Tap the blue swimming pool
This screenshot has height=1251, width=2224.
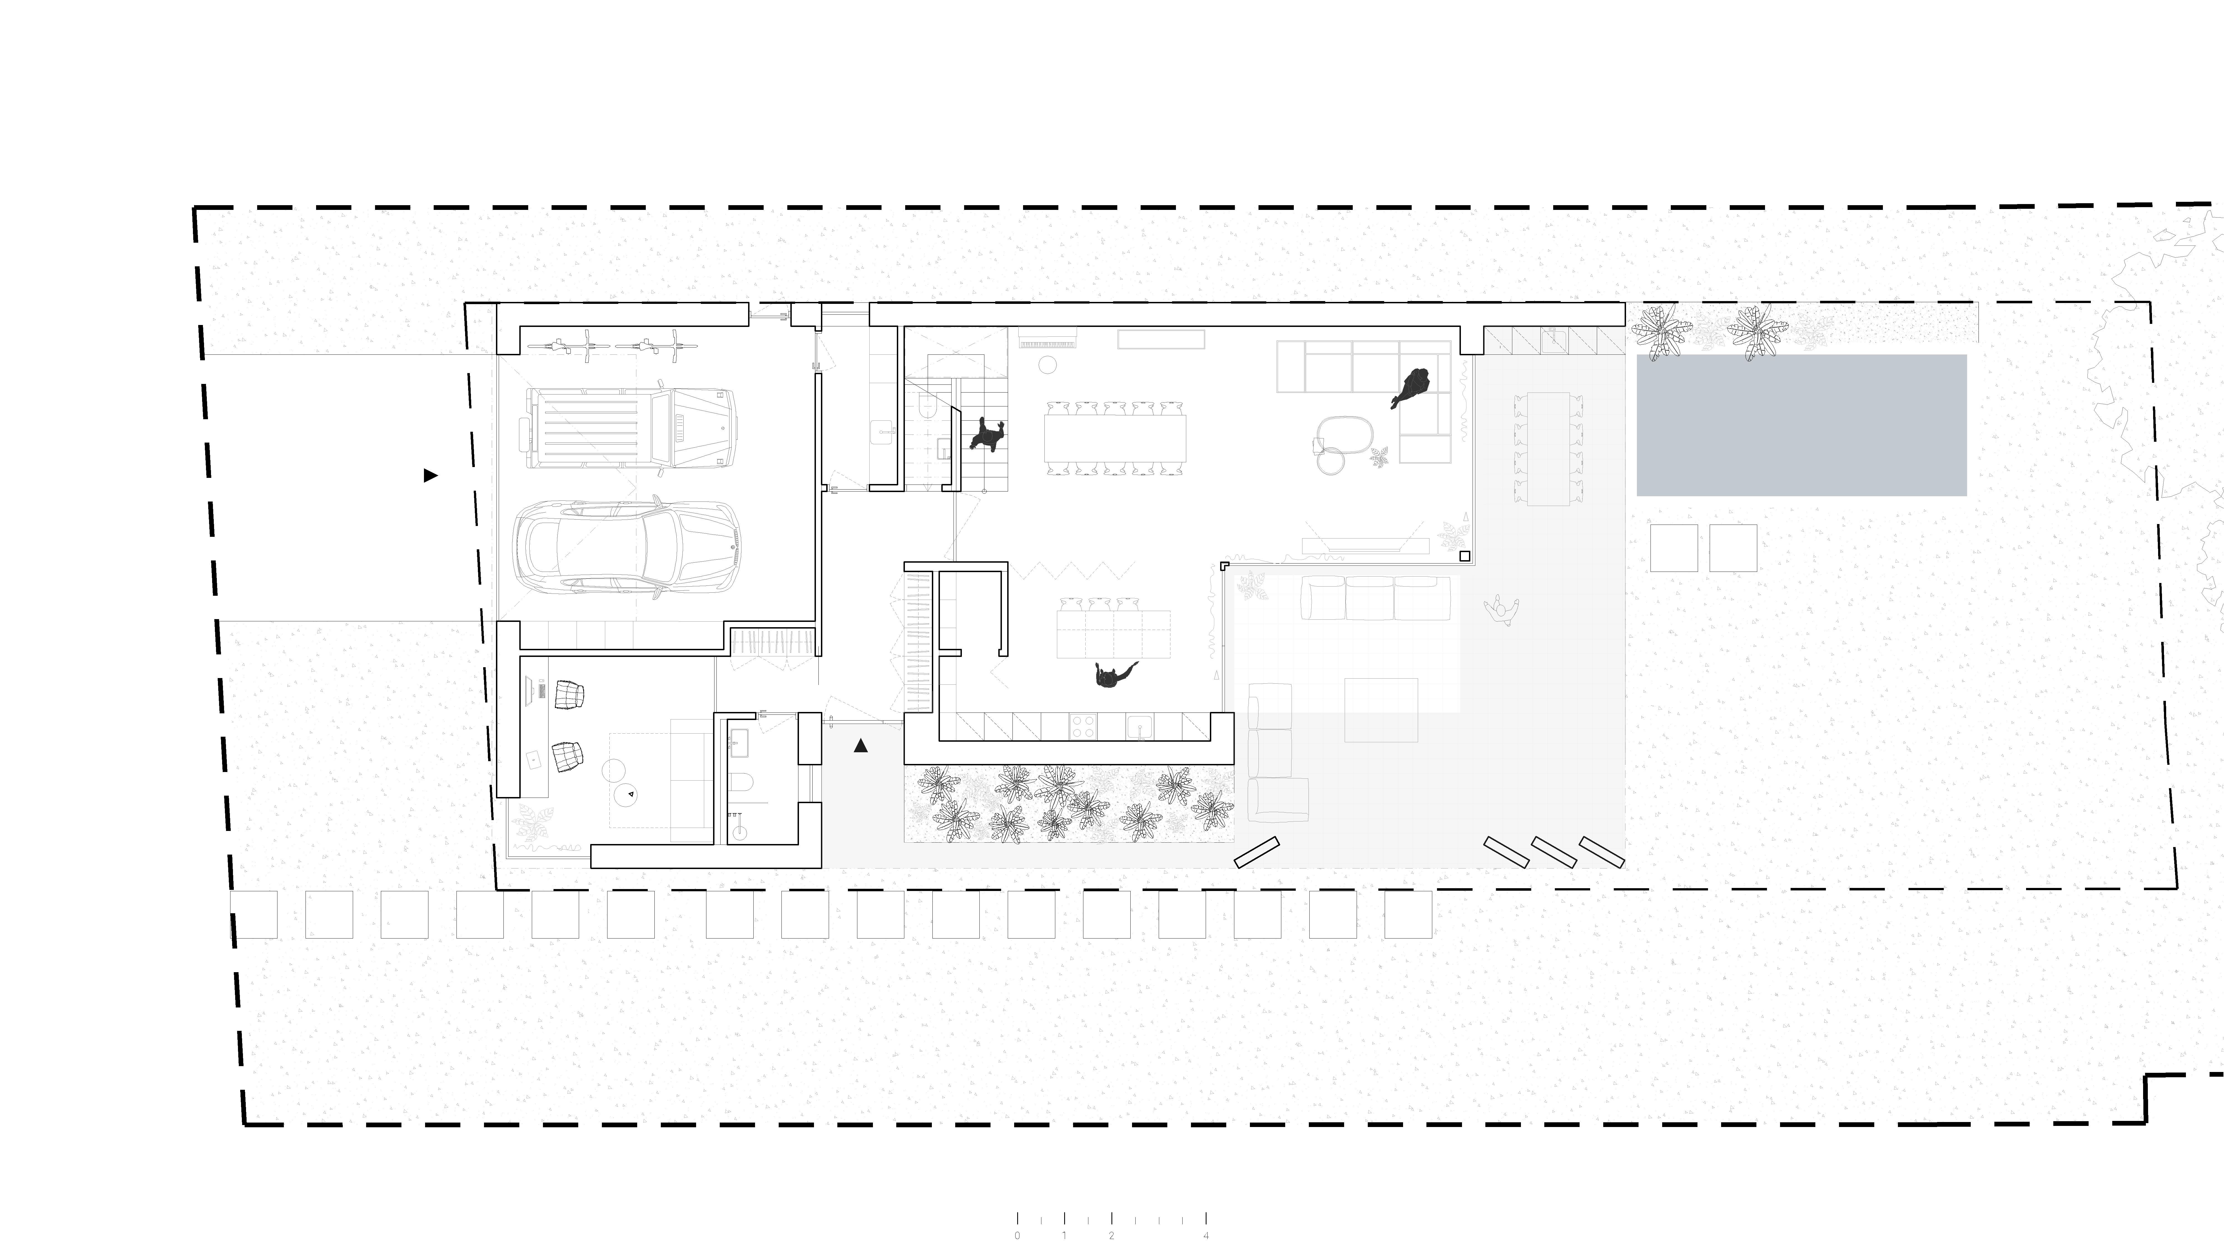coord(1801,425)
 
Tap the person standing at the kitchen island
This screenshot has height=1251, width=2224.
coord(1113,674)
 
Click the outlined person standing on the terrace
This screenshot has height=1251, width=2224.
coord(1502,610)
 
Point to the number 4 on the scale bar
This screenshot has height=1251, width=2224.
coord(1206,1235)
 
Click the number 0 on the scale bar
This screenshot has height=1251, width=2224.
coord(1017,1235)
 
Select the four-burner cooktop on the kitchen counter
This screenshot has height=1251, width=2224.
coord(1084,727)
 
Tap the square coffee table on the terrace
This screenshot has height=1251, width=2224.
coord(1381,710)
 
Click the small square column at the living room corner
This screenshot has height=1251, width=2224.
coord(1464,556)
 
